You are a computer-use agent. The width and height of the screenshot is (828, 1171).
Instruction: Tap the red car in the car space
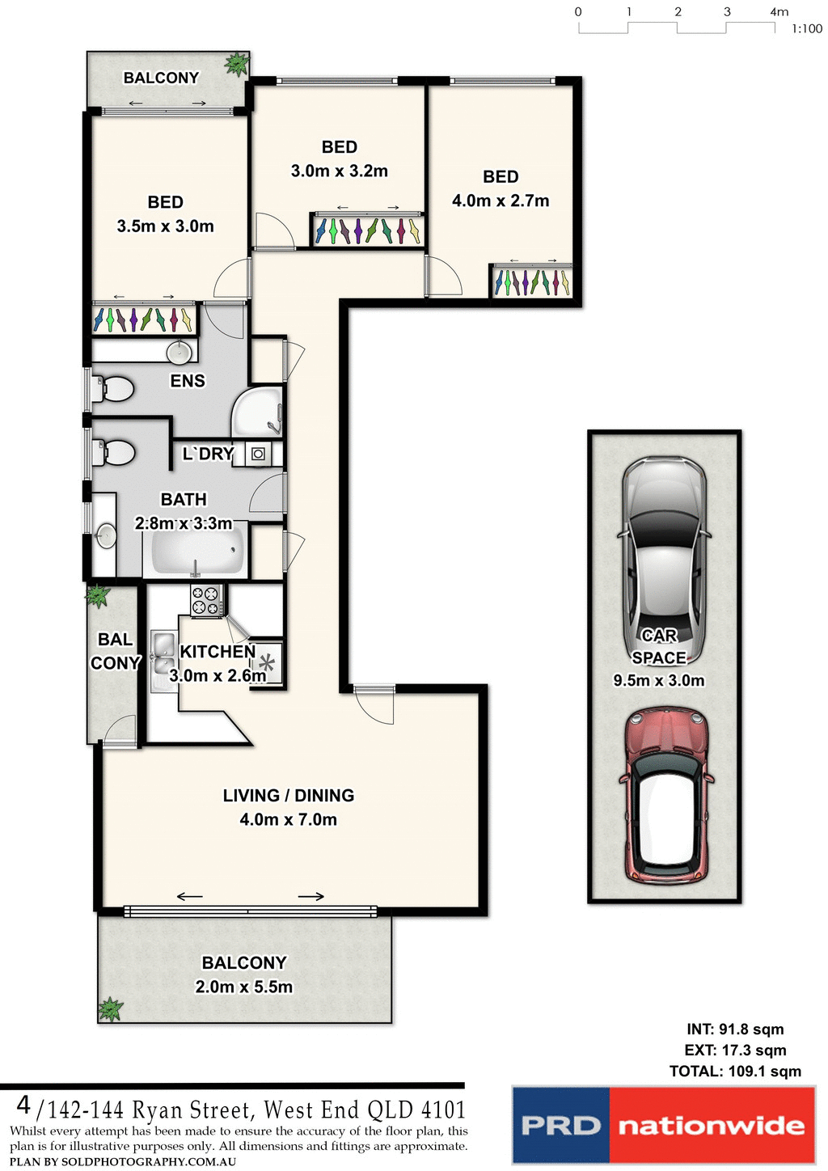(665, 797)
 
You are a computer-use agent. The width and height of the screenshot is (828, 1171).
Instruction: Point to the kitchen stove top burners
(205, 600)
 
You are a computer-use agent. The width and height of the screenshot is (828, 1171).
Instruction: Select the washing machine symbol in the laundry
(258, 454)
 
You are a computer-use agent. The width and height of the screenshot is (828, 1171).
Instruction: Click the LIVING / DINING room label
(289, 796)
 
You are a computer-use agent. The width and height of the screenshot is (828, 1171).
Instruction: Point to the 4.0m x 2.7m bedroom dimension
(501, 201)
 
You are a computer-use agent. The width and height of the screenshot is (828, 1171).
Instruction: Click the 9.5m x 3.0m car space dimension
(658, 681)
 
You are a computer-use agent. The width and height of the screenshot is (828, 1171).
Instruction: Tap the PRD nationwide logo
(663, 1125)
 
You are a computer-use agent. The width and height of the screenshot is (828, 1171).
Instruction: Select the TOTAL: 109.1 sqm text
(735, 1072)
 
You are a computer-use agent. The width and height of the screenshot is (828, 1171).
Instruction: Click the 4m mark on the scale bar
(779, 12)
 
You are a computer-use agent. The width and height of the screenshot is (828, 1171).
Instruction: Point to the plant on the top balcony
(237, 64)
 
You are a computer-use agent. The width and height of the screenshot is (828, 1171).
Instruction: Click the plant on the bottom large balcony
(110, 1009)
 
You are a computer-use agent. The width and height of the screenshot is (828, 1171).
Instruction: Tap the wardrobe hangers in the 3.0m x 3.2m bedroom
(368, 231)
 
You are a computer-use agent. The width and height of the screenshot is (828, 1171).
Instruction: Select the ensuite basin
(179, 352)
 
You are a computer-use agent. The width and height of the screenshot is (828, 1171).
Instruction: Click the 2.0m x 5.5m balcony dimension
(244, 987)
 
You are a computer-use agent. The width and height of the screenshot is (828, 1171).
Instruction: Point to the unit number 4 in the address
(23, 1105)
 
